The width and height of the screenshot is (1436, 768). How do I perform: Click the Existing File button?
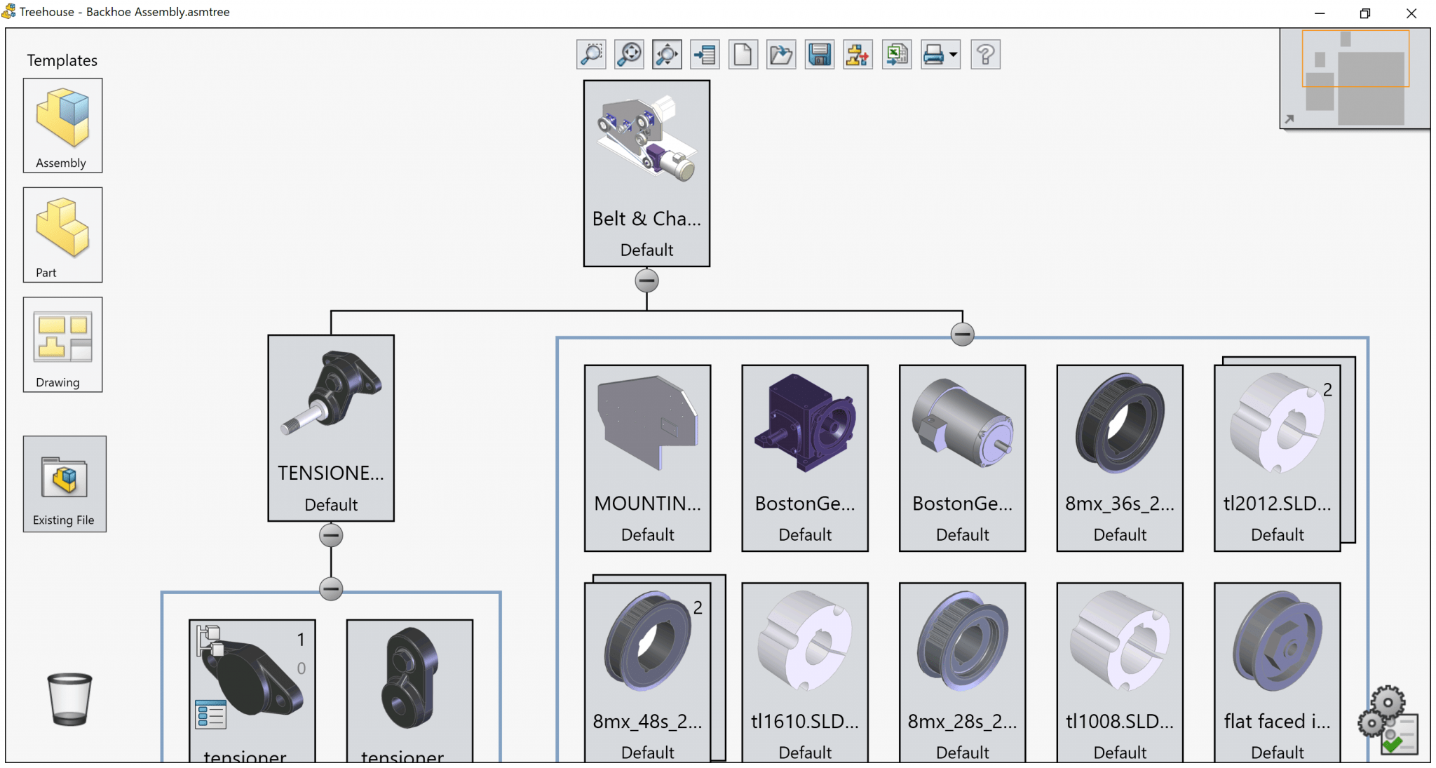click(x=65, y=483)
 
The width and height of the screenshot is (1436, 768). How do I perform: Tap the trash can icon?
click(x=69, y=699)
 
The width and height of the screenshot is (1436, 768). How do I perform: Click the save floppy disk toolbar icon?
click(x=819, y=55)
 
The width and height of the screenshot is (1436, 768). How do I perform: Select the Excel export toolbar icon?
click(x=896, y=55)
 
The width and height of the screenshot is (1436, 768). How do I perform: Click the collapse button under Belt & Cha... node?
click(x=646, y=281)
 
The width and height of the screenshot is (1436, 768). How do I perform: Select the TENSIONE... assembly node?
click(x=331, y=428)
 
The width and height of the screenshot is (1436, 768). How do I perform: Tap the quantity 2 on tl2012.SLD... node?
click(x=1327, y=390)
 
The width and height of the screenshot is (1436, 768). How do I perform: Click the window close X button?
click(x=1411, y=13)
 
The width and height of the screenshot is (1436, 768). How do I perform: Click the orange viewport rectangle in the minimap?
click(x=1355, y=58)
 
